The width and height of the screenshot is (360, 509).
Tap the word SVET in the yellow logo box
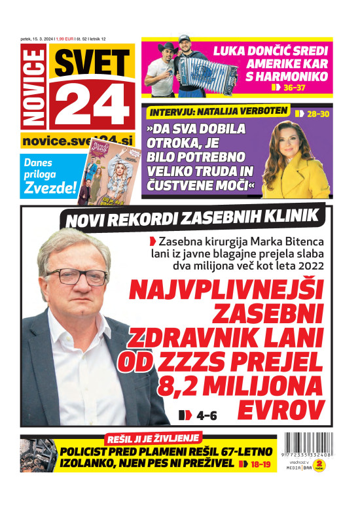click(92, 63)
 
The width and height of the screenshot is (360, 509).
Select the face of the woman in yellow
click(294, 143)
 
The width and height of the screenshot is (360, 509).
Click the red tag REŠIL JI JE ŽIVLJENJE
click(154, 438)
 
